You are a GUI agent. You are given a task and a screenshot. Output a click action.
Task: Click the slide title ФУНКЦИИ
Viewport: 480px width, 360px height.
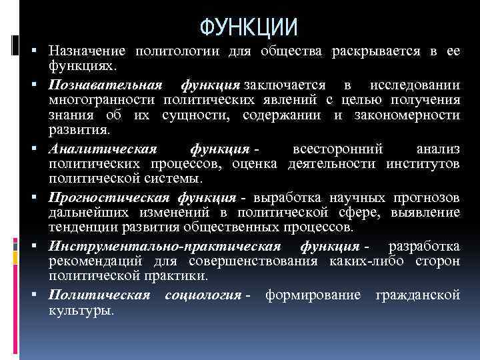click(x=249, y=27)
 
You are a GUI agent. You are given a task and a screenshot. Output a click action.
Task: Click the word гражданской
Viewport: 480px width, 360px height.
click(x=418, y=294)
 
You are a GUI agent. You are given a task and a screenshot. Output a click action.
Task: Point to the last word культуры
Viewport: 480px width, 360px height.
click(x=81, y=310)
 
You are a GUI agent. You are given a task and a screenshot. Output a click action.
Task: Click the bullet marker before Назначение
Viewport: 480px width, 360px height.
click(x=41, y=53)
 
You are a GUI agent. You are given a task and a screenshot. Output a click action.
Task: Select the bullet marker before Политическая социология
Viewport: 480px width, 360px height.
click(x=41, y=295)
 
